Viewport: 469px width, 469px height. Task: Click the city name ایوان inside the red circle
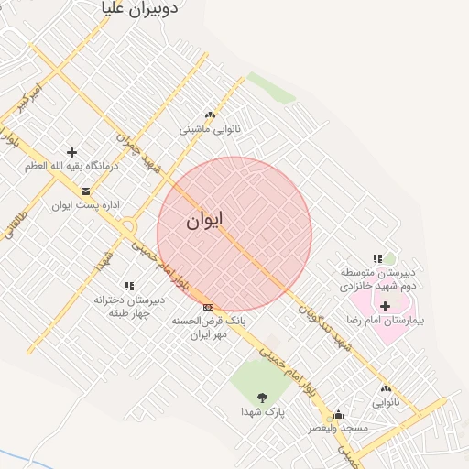[x=204, y=222]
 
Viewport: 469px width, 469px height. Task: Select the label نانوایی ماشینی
[x=211, y=129]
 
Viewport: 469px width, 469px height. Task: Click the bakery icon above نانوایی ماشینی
[x=211, y=115]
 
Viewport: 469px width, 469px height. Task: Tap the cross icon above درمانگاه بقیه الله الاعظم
[x=71, y=152]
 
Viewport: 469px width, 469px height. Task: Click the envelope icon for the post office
[x=86, y=191]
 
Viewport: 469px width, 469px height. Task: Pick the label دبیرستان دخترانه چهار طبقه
[x=128, y=305]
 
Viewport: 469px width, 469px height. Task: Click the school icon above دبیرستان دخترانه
[x=128, y=287]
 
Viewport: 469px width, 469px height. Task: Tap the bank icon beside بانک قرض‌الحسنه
[x=209, y=307]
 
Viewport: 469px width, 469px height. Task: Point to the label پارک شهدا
[x=264, y=412]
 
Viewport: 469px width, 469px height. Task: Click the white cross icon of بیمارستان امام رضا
[x=385, y=306]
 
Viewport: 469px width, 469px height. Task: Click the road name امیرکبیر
[x=24, y=98]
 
